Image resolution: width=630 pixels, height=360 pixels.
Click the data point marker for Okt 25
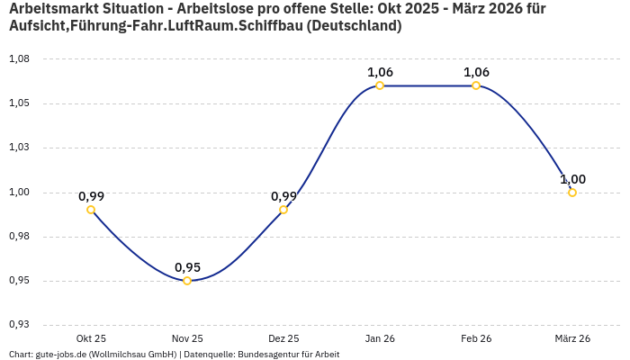[91, 210]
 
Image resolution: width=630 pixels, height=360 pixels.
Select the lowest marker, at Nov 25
[187, 281]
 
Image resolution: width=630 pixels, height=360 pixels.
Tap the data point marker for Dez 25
[283, 210]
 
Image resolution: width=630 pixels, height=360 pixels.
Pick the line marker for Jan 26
[380, 85]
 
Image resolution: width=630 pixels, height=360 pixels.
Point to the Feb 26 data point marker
[476, 85]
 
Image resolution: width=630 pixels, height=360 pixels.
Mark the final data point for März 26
[572, 193]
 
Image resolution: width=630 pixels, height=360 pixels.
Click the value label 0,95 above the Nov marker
[187, 267]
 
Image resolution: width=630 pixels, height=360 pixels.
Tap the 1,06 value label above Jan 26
[380, 72]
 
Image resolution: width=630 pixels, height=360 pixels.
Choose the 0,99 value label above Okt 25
[91, 196]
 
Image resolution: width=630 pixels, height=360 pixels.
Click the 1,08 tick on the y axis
[19, 58]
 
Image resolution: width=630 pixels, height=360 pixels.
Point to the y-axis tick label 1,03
[19, 148]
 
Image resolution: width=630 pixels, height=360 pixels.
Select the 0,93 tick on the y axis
[19, 325]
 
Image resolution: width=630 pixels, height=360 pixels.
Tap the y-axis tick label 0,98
[19, 237]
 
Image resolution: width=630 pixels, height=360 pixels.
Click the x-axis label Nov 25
[187, 338]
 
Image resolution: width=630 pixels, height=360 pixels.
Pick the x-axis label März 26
[572, 338]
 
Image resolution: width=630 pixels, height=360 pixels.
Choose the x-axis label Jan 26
[380, 338]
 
